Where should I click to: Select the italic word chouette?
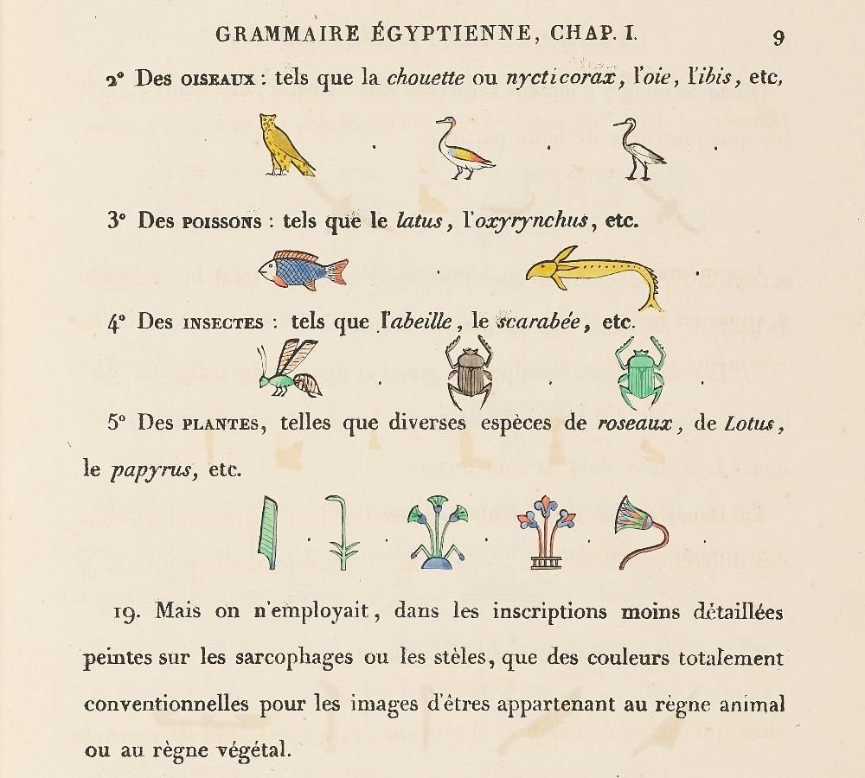click(x=426, y=78)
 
